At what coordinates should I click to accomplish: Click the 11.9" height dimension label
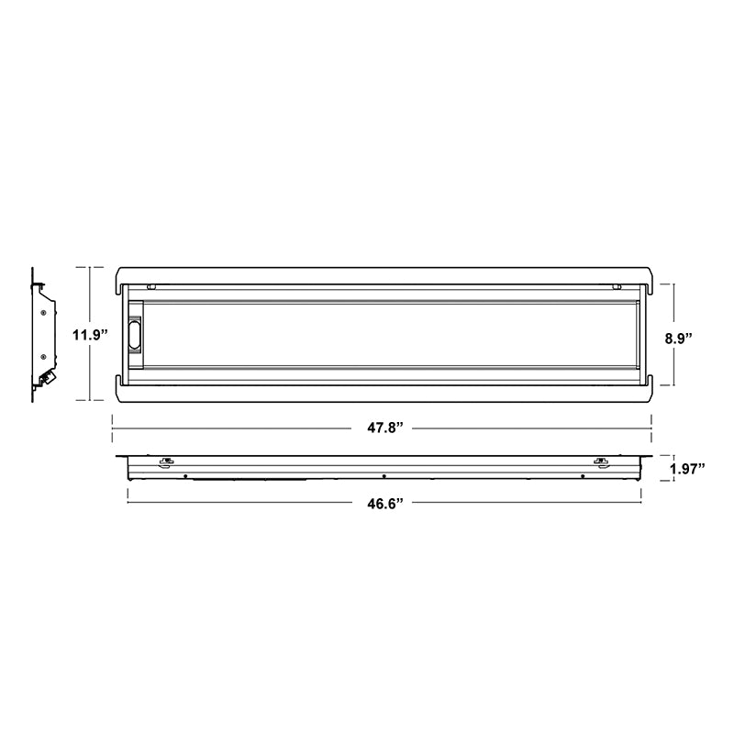pyautogui.click(x=89, y=334)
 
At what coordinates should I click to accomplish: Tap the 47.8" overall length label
pyautogui.click(x=382, y=428)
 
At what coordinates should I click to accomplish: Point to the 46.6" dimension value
pyautogui.click(x=382, y=502)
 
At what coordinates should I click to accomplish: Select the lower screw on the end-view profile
pyautogui.click(x=43, y=356)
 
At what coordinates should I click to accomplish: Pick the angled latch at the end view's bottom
pyautogui.click(x=47, y=378)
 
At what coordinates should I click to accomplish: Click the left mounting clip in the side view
pyautogui.click(x=166, y=461)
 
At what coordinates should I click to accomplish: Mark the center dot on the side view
pyautogui.click(x=383, y=476)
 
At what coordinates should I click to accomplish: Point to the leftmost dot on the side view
pyautogui.click(x=185, y=476)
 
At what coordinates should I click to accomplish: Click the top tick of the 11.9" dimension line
pyautogui.click(x=89, y=267)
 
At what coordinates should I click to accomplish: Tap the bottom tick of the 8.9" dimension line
pyautogui.click(x=675, y=386)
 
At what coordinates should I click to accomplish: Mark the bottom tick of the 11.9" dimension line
pyautogui.click(x=89, y=401)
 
